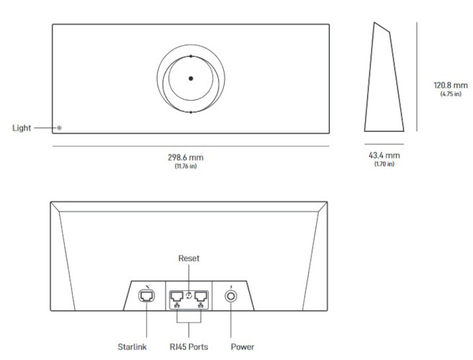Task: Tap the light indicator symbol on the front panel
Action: coord(59,128)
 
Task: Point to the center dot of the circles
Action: coord(190,78)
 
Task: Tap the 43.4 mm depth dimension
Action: coord(384,156)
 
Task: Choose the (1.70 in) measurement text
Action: coord(384,164)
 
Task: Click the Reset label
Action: coord(189,257)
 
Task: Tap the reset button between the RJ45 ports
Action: coord(189,294)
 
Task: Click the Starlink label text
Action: coord(133,346)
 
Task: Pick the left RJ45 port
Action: coord(176,295)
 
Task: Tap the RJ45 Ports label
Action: coord(189,346)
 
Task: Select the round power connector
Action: coord(231,295)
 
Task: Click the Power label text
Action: coord(243,346)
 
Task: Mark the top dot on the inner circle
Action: coord(190,55)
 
